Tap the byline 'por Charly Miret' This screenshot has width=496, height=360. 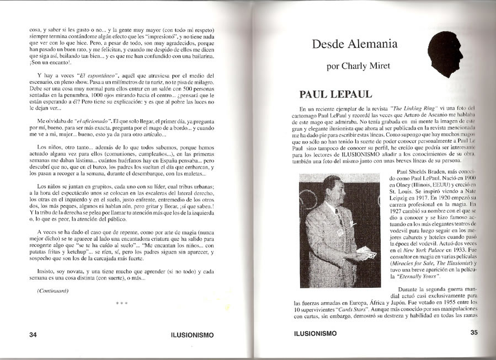pyautogui.click(x=358, y=66)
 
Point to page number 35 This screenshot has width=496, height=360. pyautogui.click(x=473, y=332)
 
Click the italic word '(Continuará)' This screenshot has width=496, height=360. pyautogui.click(x=53, y=290)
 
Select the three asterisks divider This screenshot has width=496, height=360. pyautogui.click(x=122, y=304)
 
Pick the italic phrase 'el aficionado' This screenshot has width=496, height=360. pyautogui.click(x=87, y=121)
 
